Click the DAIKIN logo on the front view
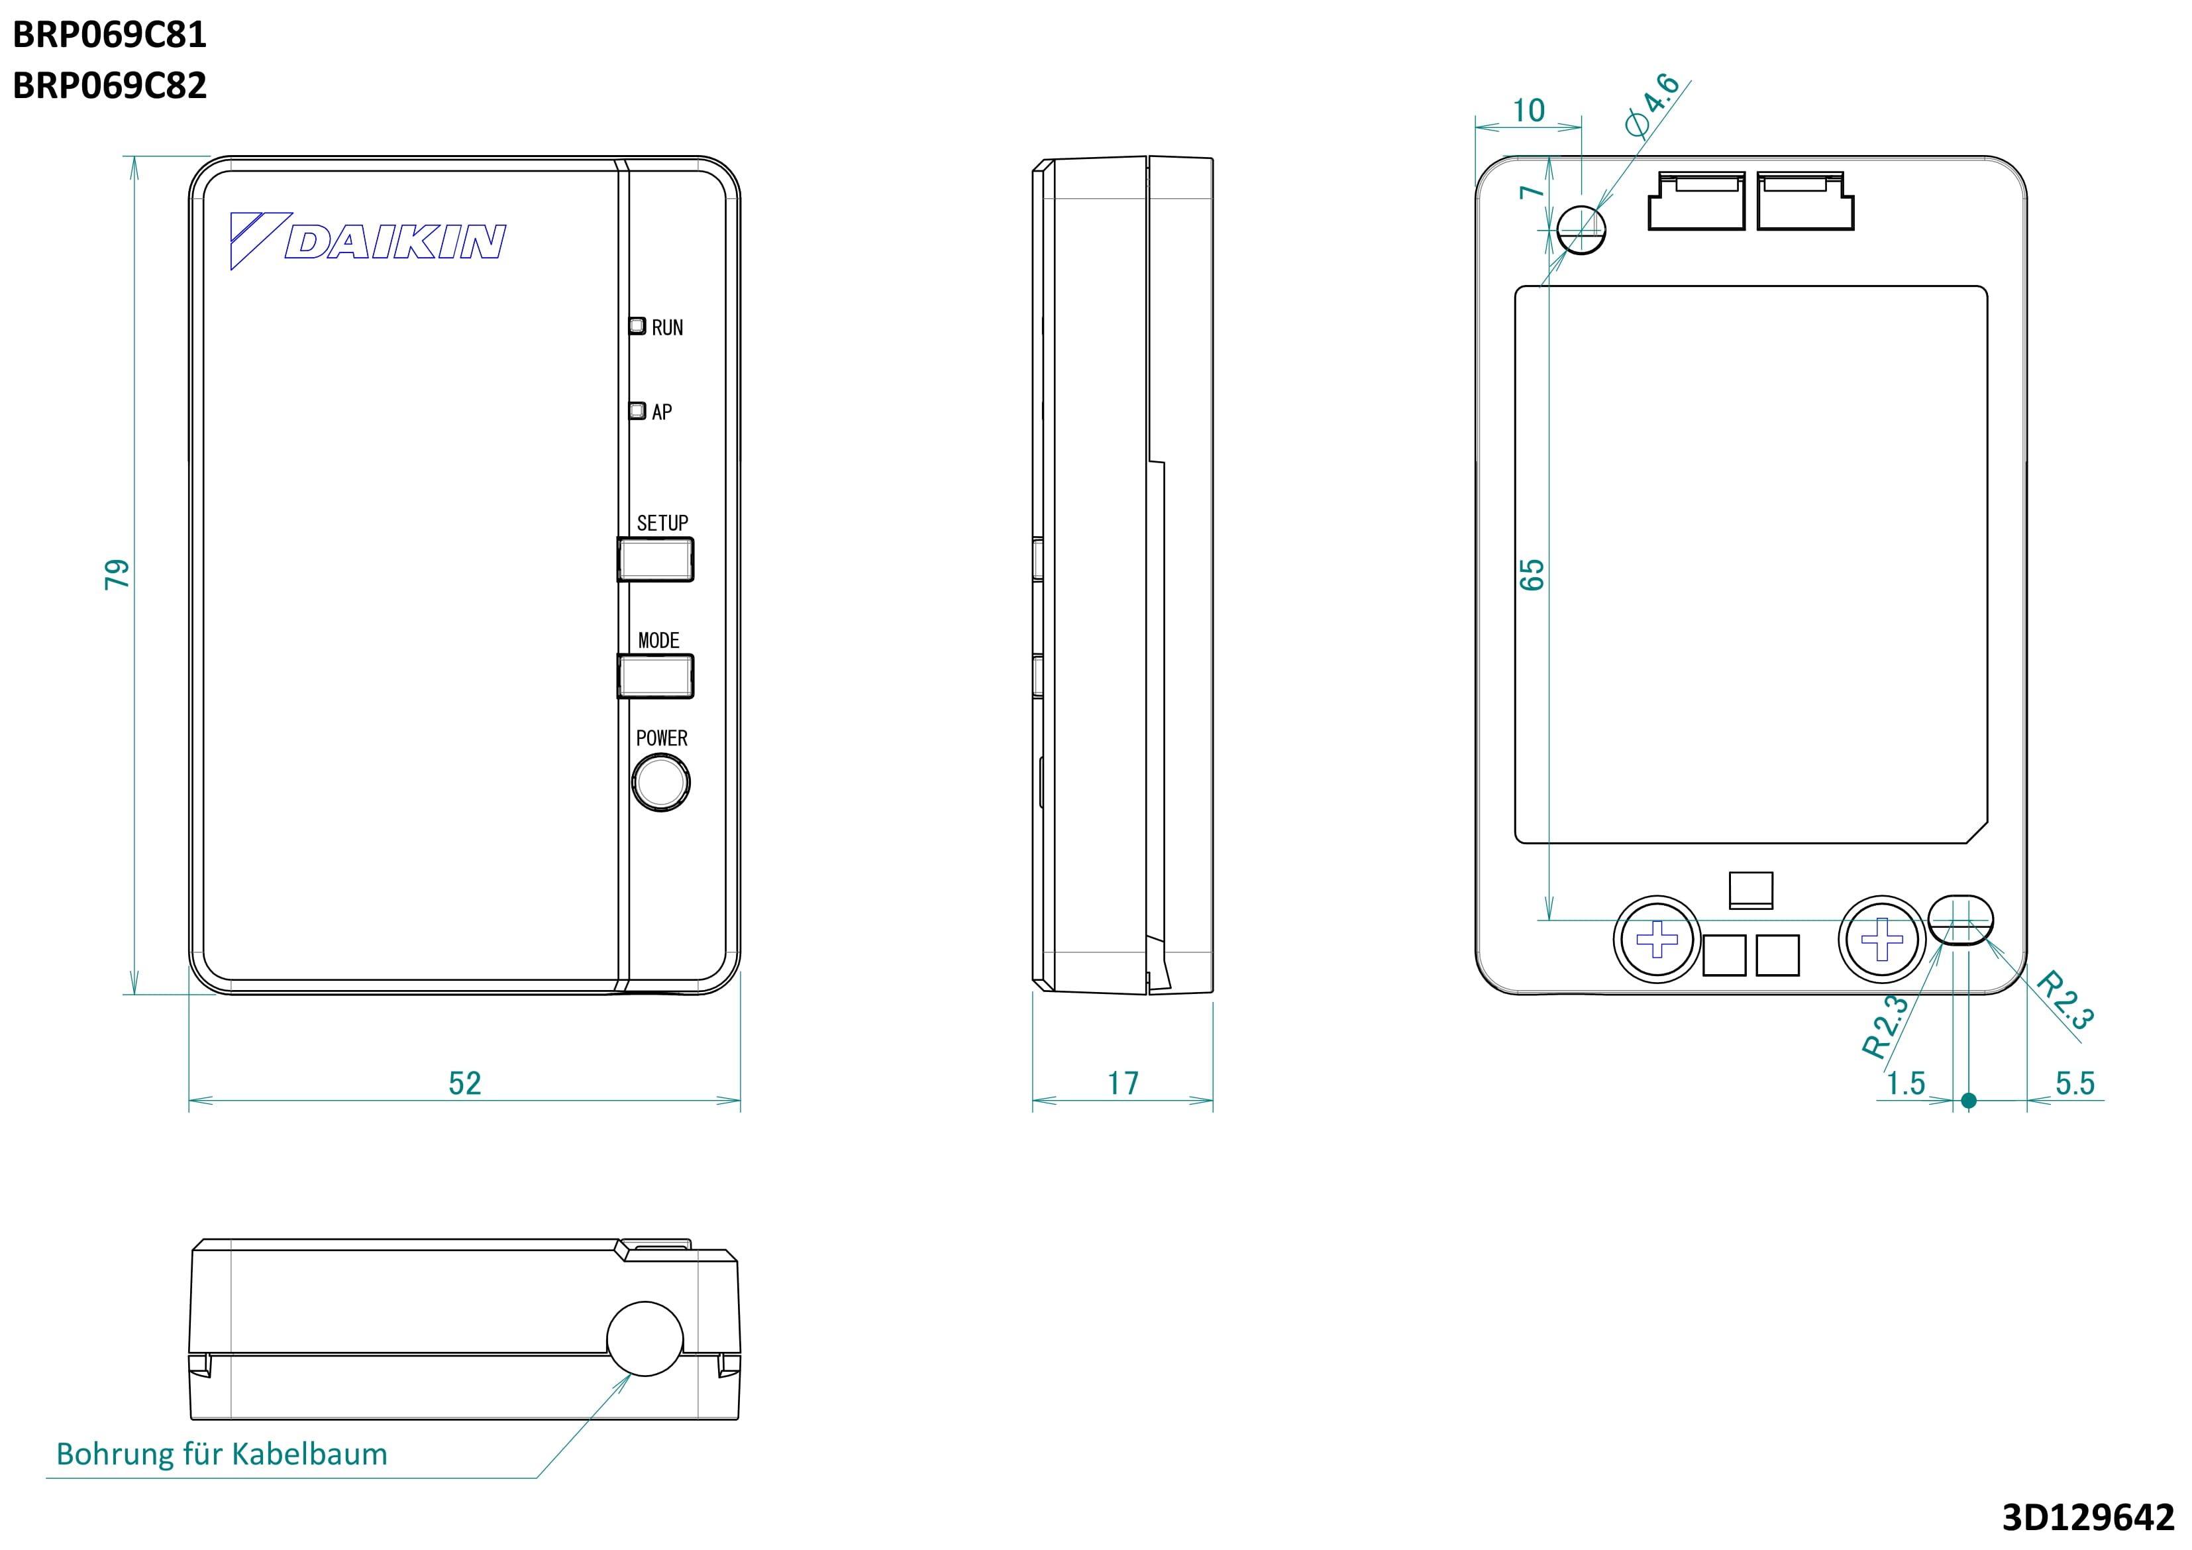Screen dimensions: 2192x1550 (368, 241)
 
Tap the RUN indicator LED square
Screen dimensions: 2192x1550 (637, 325)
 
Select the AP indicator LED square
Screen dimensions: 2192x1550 (637, 411)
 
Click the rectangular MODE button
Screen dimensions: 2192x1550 (655, 676)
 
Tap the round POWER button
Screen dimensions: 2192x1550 (660, 782)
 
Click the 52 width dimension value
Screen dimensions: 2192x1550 (465, 1083)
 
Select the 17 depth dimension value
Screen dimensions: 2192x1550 (1123, 1083)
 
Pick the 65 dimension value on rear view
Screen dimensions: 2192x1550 (1532, 575)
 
